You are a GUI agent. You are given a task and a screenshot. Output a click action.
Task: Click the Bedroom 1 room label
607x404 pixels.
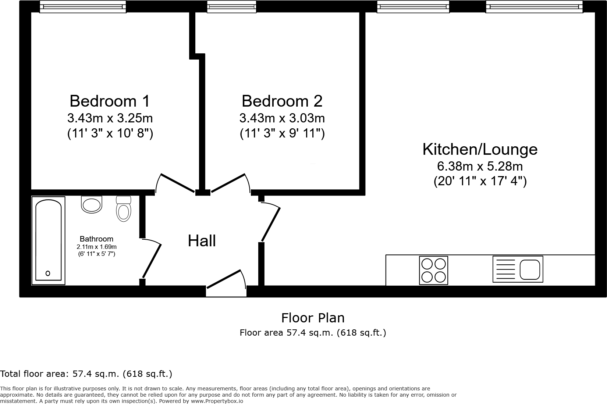click(x=110, y=101)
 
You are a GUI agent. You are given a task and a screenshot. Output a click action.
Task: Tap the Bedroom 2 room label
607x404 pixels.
click(x=282, y=101)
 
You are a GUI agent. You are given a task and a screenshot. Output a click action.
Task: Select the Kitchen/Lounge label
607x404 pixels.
click(x=480, y=149)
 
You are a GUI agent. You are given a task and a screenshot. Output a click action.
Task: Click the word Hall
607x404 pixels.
click(x=202, y=241)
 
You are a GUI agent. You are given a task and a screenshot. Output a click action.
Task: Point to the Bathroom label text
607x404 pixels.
click(x=96, y=239)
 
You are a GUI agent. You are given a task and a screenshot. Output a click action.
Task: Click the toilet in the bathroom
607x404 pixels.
click(x=124, y=209)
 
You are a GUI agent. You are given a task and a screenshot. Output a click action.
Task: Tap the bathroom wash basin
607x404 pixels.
click(x=91, y=204)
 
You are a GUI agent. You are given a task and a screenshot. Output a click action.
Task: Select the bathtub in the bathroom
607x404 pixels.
click(x=48, y=240)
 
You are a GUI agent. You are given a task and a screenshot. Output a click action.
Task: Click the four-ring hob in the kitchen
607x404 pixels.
click(x=433, y=270)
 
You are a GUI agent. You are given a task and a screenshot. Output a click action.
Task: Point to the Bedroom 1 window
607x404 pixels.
click(x=83, y=7)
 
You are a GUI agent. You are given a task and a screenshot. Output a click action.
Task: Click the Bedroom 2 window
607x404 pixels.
click(x=231, y=7)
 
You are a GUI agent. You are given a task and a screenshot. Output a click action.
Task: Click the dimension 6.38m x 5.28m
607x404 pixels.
click(x=480, y=167)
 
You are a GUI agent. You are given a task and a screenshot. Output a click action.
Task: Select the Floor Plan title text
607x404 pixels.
click(x=313, y=318)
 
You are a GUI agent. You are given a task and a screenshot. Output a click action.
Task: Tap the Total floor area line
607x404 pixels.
click(x=86, y=374)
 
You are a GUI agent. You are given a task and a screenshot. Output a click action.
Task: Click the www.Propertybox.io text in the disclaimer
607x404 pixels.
click(x=217, y=401)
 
